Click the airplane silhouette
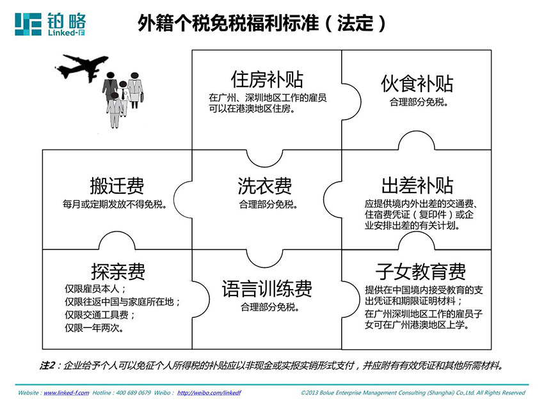(82, 67)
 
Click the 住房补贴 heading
(267, 79)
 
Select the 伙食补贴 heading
(417, 84)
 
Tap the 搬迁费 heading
(117, 185)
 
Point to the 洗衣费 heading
(265, 186)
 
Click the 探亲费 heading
(118, 271)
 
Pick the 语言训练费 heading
(267, 289)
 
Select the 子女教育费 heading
(420, 271)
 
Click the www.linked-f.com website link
(67, 393)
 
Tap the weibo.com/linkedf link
(209, 393)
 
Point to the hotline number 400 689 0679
(133, 393)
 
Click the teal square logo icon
(28, 24)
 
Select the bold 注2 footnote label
(47, 365)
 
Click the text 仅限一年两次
(94, 327)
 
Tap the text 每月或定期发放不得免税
(115, 204)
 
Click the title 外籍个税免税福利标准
(228, 23)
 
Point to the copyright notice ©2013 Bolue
(413, 393)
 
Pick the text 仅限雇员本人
(95, 289)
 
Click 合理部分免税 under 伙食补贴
(419, 102)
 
